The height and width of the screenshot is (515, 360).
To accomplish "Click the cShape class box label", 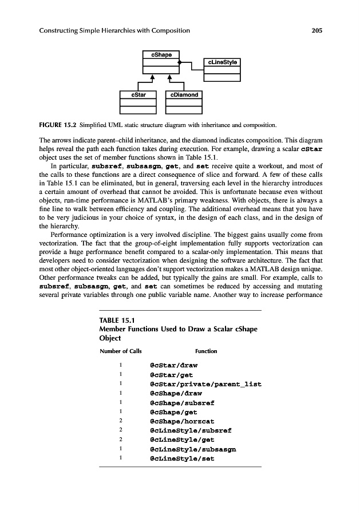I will click(x=162, y=54).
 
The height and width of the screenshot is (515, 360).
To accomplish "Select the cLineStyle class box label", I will click(x=222, y=62).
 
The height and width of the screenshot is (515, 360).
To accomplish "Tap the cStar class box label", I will click(x=138, y=94).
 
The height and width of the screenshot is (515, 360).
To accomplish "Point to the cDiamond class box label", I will click(x=184, y=94).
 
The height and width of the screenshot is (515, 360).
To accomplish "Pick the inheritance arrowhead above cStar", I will click(x=153, y=77).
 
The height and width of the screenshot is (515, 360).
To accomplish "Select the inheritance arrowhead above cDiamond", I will click(x=169, y=77).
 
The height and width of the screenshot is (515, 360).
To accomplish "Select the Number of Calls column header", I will click(x=121, y=351).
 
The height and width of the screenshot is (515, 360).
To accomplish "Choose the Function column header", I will click(x=206, y=351).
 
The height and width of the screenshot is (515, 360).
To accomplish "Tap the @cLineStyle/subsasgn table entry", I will click(x=193, y=449).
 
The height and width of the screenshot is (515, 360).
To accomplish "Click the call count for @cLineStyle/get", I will click(x=121, y=439).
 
